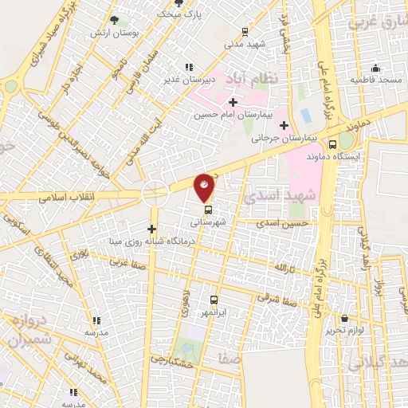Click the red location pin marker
tap(205, 187)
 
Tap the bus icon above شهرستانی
tap(208, 210)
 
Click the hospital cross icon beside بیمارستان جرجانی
tap(284, 125)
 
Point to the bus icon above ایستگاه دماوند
tap(333, 145)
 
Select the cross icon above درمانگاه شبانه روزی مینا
tap(151, 228)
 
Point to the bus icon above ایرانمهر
tap(214, 300)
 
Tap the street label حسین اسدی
tap(277, 226)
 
